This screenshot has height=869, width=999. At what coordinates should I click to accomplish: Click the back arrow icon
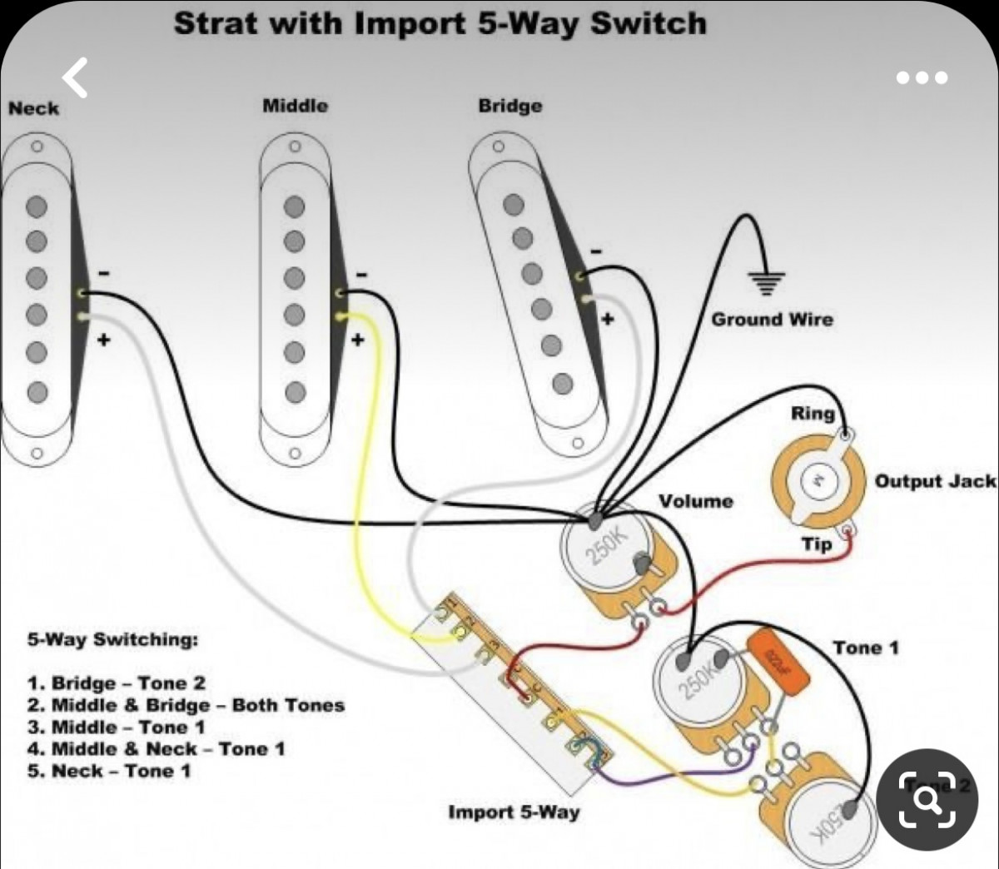pos(76,78)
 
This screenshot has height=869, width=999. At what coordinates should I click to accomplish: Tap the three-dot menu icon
pos(922,78)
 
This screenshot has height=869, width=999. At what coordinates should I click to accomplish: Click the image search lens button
pos(927,800)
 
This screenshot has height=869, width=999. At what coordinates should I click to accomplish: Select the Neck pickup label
pos(34,108)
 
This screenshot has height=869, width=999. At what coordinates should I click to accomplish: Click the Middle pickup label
pos(295,106)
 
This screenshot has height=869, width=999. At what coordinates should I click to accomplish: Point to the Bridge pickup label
pos(509,106)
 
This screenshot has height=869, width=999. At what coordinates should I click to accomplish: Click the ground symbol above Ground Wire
pos(766,285)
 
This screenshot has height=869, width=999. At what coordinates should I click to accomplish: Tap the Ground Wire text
pos(771,320)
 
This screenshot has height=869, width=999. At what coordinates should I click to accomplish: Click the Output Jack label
pos(934,481)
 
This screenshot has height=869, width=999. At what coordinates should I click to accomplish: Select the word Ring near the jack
pos(812,414)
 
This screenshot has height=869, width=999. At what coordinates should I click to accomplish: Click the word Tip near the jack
pos(817,544)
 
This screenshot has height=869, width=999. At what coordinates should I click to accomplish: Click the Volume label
pos(696,501)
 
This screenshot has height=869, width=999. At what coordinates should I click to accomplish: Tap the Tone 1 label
pos(866,648)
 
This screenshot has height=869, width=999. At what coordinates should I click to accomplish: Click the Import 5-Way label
pos(514,812)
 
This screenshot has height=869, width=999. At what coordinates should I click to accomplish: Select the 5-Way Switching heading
pos(113,640)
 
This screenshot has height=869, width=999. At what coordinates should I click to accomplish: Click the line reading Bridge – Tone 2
pos(117,683)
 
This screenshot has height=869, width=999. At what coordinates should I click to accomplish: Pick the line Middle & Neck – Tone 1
pos(157,749)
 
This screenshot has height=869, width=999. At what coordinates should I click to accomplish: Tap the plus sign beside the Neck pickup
pos(105,340)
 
